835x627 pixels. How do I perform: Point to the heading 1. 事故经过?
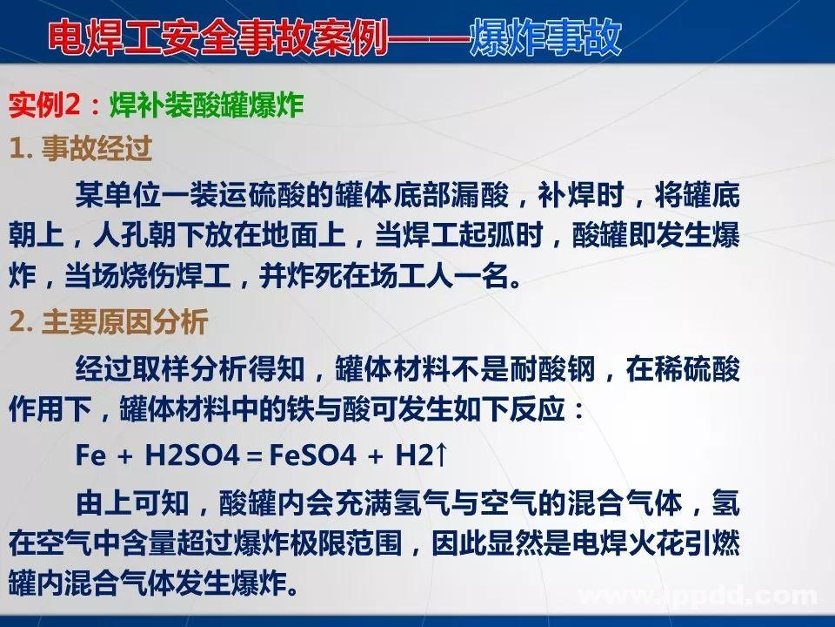pyautogui.click(x=81, y=150)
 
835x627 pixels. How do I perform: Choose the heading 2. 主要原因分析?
pyautogui.click(x=109, y=324)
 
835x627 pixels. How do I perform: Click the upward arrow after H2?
pyautogui.click(x=441, y=455)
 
